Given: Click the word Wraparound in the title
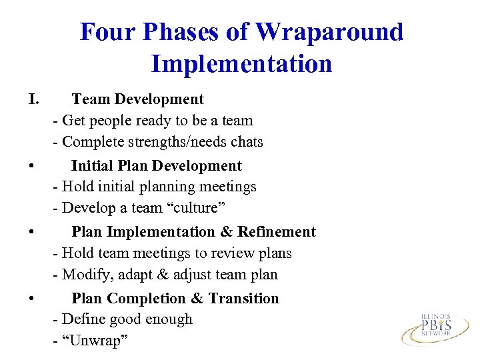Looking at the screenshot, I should click(x=329, y=31).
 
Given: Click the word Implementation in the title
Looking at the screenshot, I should click(x=241, y=64).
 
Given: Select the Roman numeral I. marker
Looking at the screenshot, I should click(x=35, y=99).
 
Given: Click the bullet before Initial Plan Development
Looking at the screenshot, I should click(x=32, y=166).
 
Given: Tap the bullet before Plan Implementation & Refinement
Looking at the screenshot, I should click(x=32, y=233).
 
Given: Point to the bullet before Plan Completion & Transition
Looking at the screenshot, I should click(x=32, y=299).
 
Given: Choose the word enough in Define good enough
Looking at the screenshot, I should click(x=170, y=320).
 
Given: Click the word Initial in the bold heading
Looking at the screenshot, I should click(x=91, y=166).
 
